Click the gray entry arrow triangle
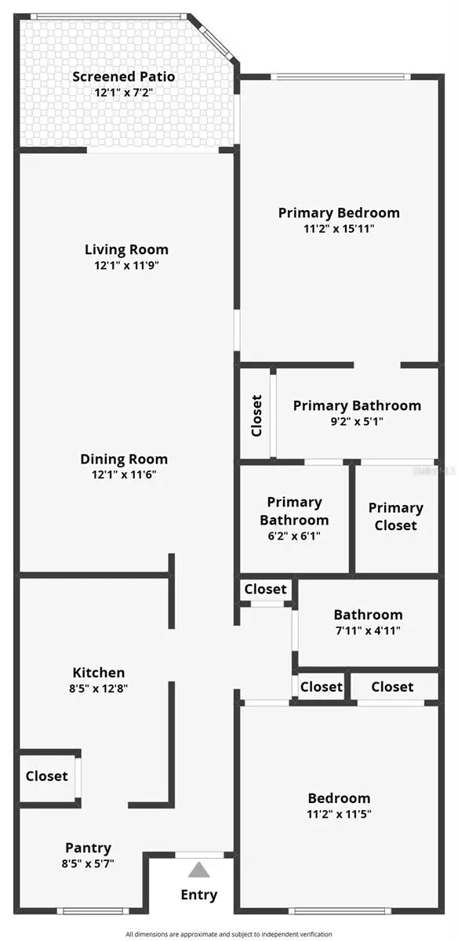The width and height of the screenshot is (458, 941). coord(199,870)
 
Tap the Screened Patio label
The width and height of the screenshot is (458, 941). coord(123,77)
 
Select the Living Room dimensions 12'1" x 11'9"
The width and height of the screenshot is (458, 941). coord(126,266)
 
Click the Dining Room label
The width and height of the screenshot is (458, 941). coord(124,460)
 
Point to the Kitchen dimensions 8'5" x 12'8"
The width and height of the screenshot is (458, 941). coord(99,689)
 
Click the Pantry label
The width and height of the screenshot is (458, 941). coord(88,848)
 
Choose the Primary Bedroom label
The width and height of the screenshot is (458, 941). coord(339,213)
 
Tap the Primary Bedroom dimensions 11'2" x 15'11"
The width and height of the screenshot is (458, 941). coord(339,229)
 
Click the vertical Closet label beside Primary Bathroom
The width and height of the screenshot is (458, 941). coord(256,416)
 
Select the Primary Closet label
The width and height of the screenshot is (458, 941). coord(395,517)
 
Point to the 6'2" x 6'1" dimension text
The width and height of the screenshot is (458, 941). coord(294,536)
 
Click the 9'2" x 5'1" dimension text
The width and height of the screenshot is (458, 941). coord(357,421)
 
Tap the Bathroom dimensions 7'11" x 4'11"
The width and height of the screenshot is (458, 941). coord(368,630)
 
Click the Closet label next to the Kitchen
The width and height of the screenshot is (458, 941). coord(47,776)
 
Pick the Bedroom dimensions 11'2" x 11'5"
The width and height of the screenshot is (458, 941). coord(339,814)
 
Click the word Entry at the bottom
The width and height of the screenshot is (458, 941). coord(199,895)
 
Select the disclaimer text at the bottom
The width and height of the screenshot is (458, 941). coord(229,934)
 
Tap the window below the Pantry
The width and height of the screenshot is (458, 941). coord(93,910)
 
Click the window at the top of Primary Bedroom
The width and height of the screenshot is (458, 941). coord(340,76)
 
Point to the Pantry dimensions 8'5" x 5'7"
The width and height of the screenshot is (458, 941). coord(88,864)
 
